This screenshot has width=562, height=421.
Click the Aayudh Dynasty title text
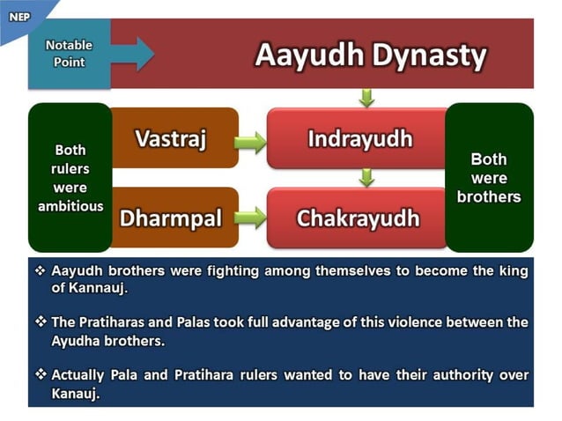click(x=370, y=55)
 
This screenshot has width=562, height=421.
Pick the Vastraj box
click(x=171, y=138)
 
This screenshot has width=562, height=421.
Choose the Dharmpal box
click(x=171, y=218)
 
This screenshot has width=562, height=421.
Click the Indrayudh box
click(x=359, y=138)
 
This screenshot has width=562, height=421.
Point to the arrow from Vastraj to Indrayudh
click(x=251, y=141)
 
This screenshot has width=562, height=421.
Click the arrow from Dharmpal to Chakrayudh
click(x=251, y=218)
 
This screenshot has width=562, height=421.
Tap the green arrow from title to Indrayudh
click(x=367, y=97)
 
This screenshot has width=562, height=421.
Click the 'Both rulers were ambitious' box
click(x=70, y=178)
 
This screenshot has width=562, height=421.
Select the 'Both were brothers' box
click(x=489, y=178)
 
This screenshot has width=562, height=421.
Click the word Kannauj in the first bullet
click(x=88, y=288)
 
